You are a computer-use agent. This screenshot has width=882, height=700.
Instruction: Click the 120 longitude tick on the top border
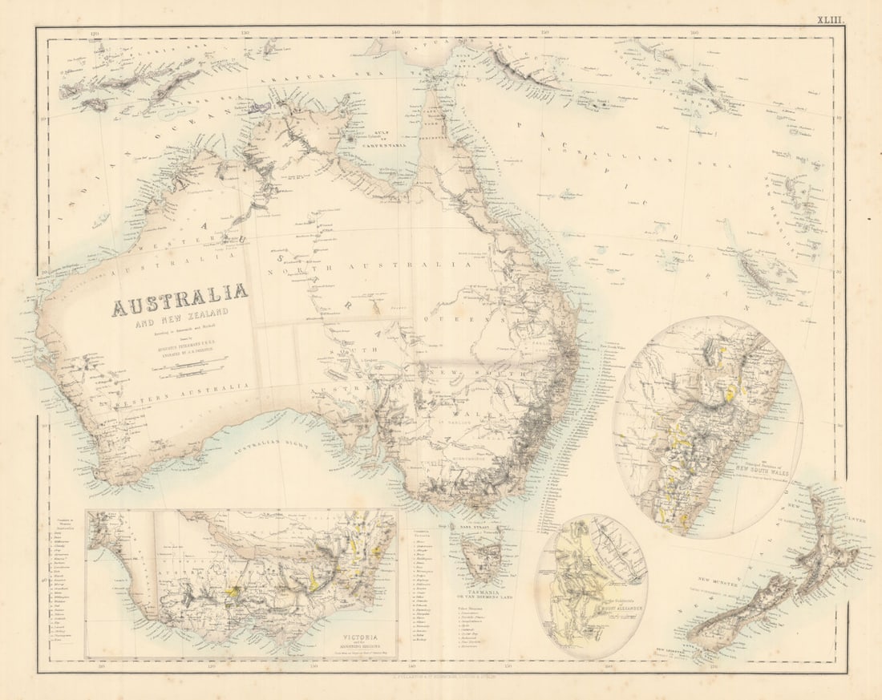click(x=95, y=33)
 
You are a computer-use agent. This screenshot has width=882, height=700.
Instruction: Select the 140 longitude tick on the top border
click(x=395, y=33)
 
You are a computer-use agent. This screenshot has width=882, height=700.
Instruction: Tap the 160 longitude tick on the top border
click(x=694, y=33)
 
